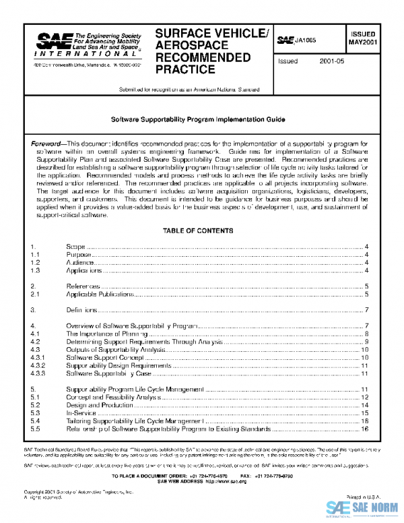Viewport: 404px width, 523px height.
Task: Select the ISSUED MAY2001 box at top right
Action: tap(362, 38)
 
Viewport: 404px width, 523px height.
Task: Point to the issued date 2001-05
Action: tap(332, 61)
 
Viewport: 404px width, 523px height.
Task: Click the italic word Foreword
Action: tap(46, 144)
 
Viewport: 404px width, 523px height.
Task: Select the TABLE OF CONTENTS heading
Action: tap(198, 231)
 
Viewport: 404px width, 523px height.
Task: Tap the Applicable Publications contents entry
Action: tap(100, 295)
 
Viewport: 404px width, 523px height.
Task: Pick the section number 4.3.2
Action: tap(40, 365)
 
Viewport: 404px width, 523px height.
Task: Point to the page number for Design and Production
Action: tap(364, 405)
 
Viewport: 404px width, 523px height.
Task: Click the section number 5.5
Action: tap(36, 429)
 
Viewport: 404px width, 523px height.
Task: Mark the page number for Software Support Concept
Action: tap(364, 357)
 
